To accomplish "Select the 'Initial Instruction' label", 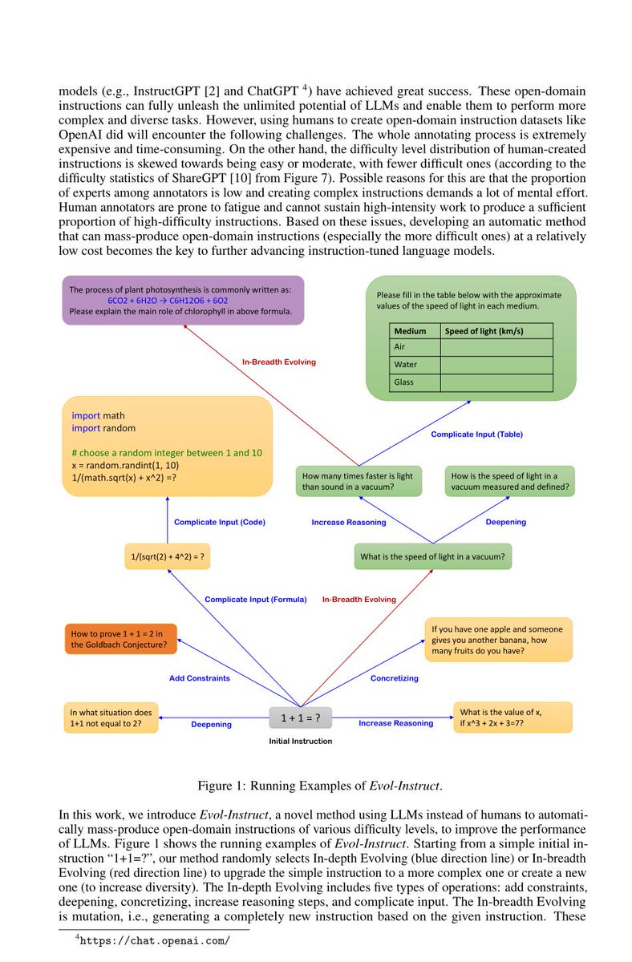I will click(300, 741).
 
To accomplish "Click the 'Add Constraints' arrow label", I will click(199, 678).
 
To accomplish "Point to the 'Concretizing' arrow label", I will click(394, 678).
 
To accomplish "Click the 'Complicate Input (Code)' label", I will click(220, 522).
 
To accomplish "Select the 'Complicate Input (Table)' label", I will click(476, 435).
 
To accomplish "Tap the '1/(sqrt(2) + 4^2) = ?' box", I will click(167, 556).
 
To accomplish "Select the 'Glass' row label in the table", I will click(404, 382).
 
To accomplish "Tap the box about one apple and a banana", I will click(498, 640).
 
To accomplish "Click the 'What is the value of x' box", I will click(512, 717).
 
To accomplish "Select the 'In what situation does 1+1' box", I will click(111, 717).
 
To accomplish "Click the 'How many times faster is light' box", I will click(357, 481).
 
